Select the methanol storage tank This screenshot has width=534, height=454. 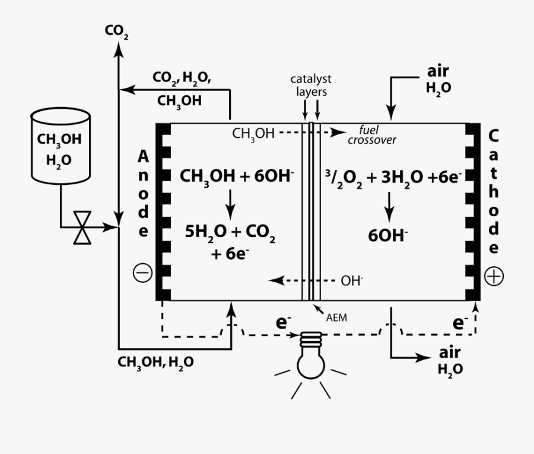point(60,145)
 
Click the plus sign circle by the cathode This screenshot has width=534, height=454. point(494,276)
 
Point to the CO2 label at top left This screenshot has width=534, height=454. point(116,31)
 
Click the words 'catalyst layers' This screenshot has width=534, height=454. point(311,85)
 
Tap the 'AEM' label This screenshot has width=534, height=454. point(336,318)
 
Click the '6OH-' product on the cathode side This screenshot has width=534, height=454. point(389,235)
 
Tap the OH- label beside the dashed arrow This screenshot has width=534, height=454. point(352,280)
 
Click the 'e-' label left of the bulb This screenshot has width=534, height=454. point(282,323)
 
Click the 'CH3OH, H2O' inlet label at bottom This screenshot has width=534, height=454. point(156,361)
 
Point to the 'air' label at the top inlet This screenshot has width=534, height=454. point(438,71)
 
